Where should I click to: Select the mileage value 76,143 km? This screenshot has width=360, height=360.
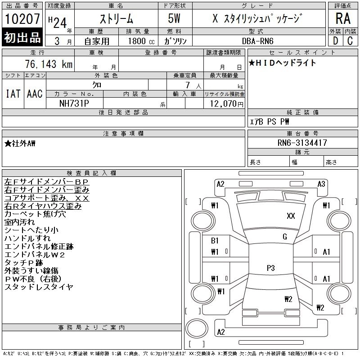[49, 64]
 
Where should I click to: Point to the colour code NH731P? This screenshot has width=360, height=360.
[74, 103]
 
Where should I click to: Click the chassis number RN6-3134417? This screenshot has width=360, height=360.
[302, 143]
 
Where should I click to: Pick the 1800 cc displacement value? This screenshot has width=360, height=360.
[138, 40]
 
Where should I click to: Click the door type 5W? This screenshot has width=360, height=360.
[175, 19]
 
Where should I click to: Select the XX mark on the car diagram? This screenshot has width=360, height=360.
[291, 216]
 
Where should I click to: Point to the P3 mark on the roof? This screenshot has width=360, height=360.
[270, 268]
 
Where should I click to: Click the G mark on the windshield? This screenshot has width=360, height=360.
[284, 237]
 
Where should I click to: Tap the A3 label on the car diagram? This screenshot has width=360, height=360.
[321, 184]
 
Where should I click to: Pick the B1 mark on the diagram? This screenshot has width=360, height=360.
[215, 241]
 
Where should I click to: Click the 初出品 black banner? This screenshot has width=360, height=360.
[22, 37]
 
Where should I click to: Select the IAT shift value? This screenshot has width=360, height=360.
[13, 94]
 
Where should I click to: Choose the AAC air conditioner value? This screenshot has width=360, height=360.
[35, 94]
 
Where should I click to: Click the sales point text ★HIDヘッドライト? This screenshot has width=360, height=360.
[283, 63]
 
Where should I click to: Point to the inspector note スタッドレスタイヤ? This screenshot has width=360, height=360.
[39, 287]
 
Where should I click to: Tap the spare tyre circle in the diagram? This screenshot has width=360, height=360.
[197, 328]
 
